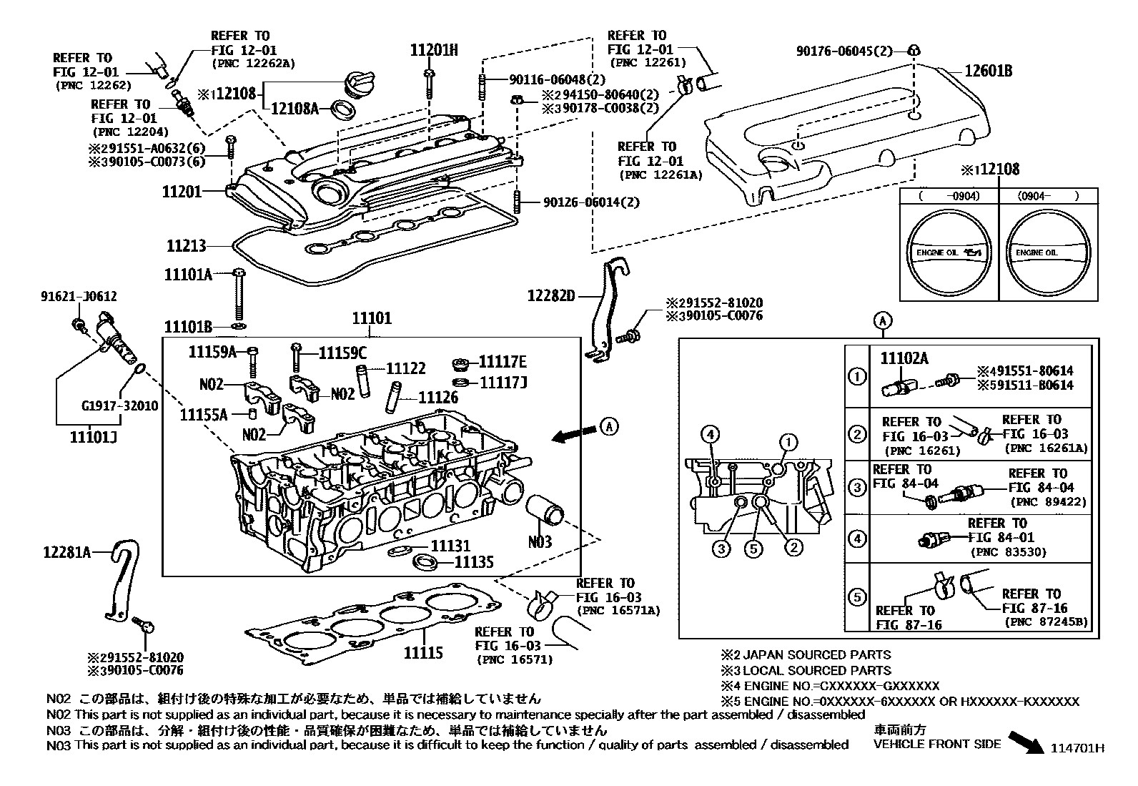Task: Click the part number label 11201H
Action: (x=433, y=50)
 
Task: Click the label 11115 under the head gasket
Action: (x=422, y=652)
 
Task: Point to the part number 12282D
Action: (x=550, y=295)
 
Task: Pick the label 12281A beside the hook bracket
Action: (x=66, y=551)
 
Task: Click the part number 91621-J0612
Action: (x=79, y=296)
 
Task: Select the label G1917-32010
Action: (x=119, y=406)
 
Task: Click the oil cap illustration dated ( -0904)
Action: (x=949, y=252)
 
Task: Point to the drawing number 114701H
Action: (x=1077, y=748)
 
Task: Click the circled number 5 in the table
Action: (x=856, y=596)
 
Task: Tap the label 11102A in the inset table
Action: (x=904, y=358)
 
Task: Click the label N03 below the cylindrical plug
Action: (x=540, y=541)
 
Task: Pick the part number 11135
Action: (x=474, y=562)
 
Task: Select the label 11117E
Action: (x=503, y=362)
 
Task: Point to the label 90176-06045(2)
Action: (x=844, y=51)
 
